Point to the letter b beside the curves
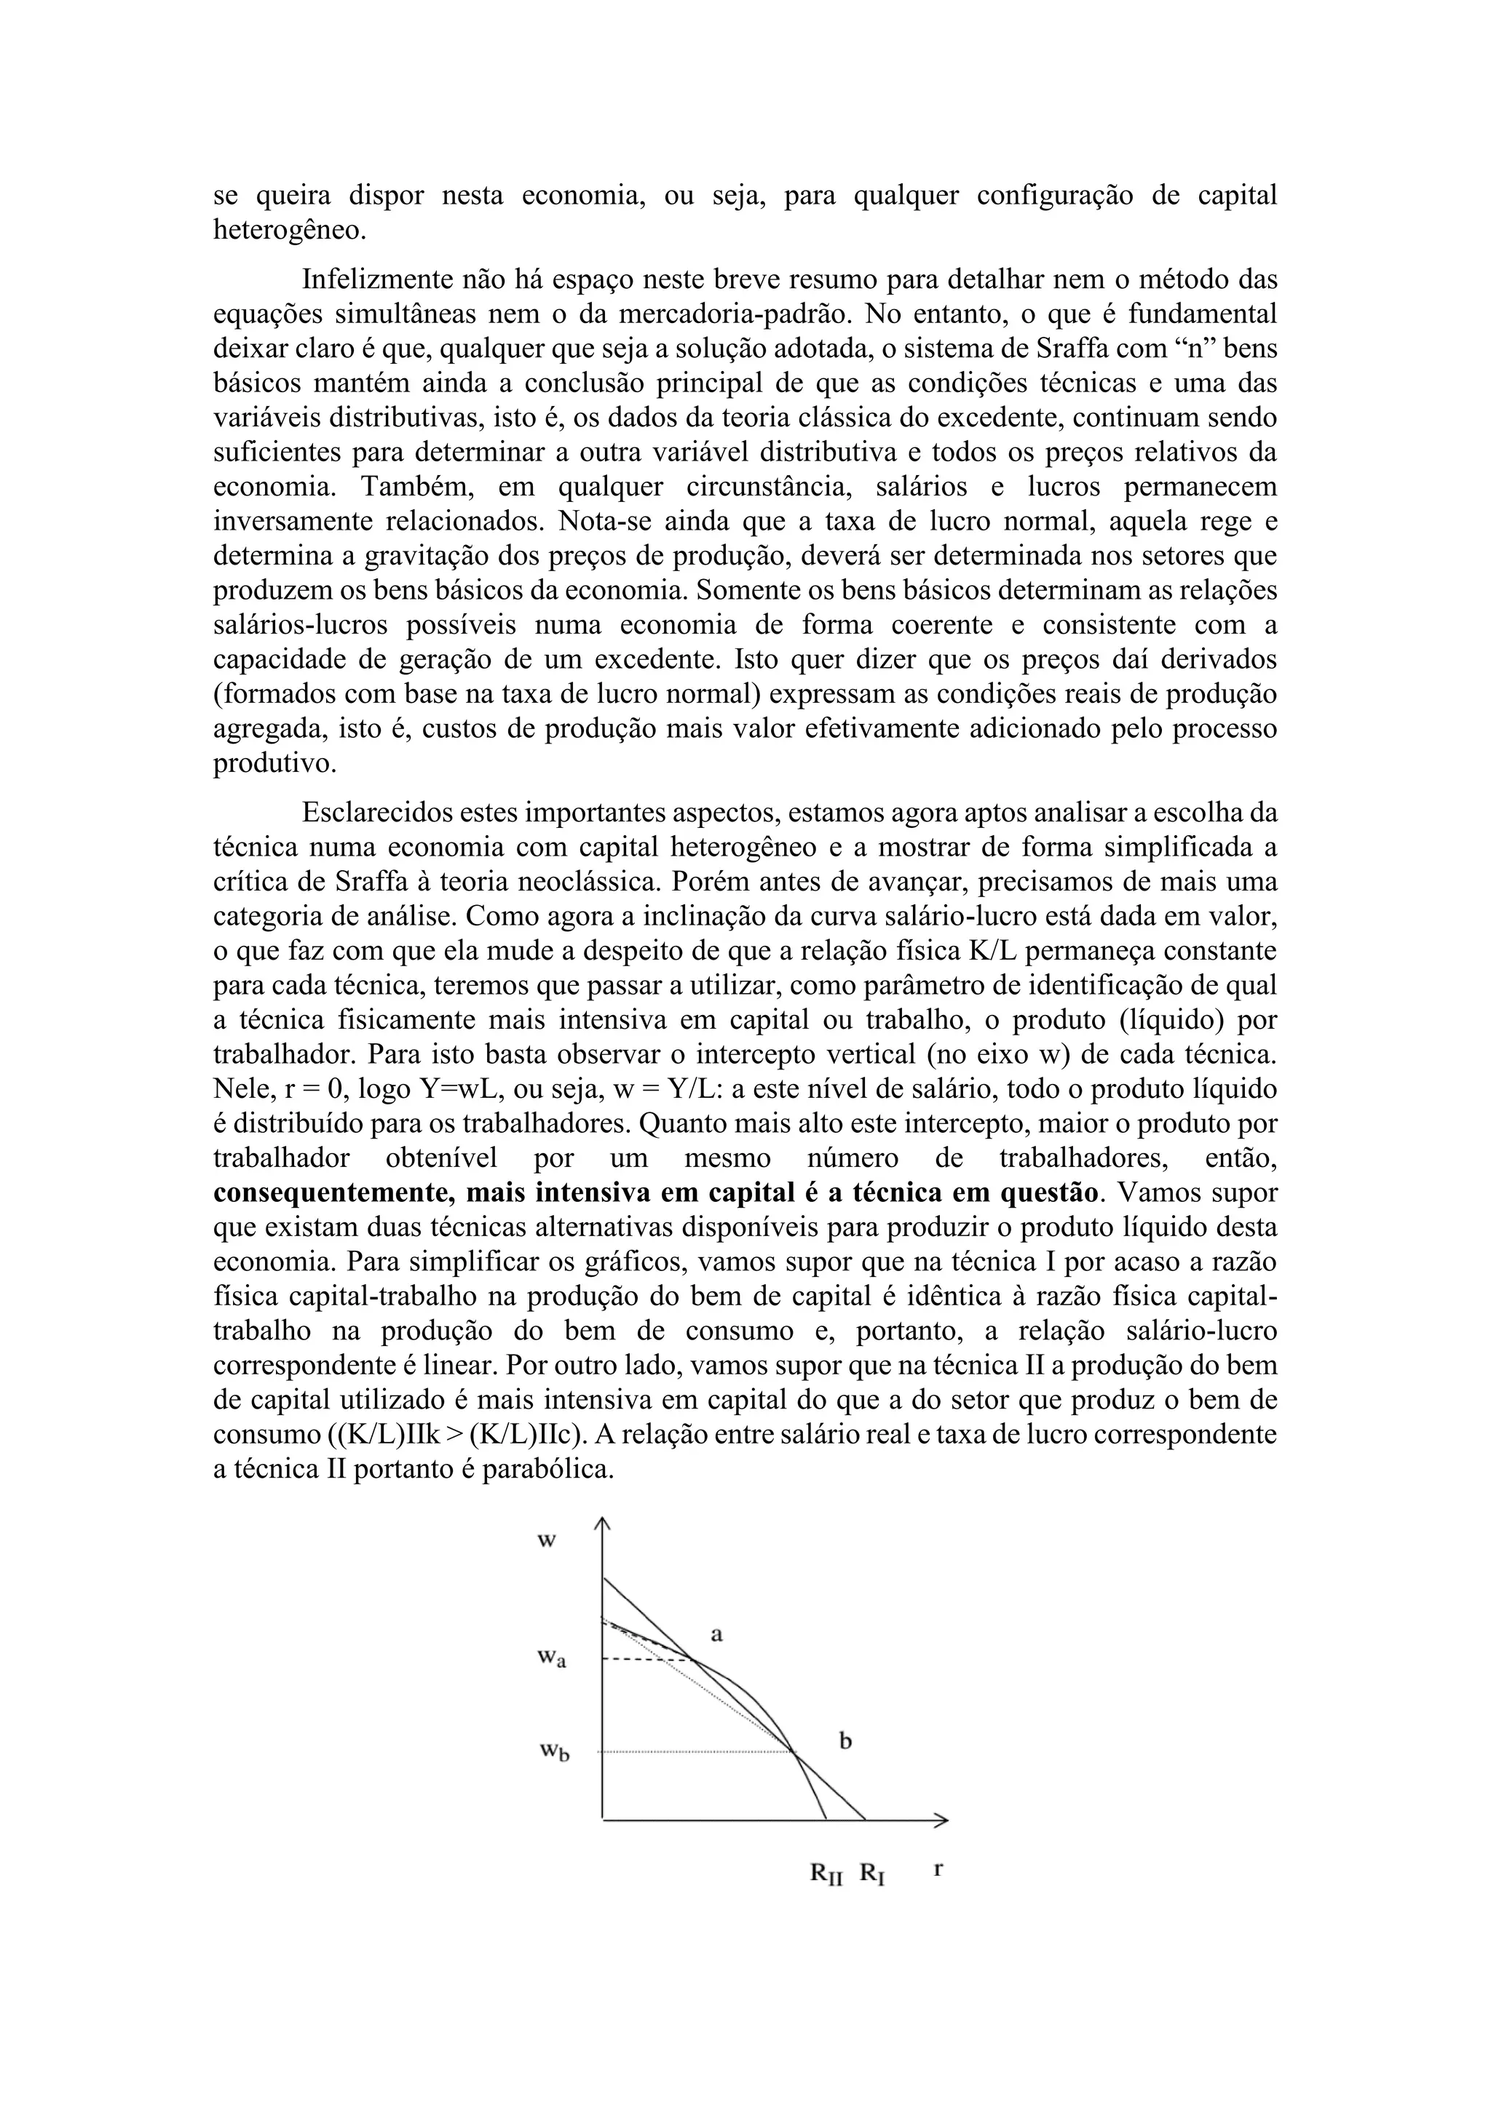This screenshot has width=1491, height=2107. pos(845,1741)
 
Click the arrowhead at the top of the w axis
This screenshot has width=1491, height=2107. pos(602,1524)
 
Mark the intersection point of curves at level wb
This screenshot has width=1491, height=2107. pos(794,1752)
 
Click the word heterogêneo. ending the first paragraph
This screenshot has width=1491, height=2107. pos(289,231)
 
